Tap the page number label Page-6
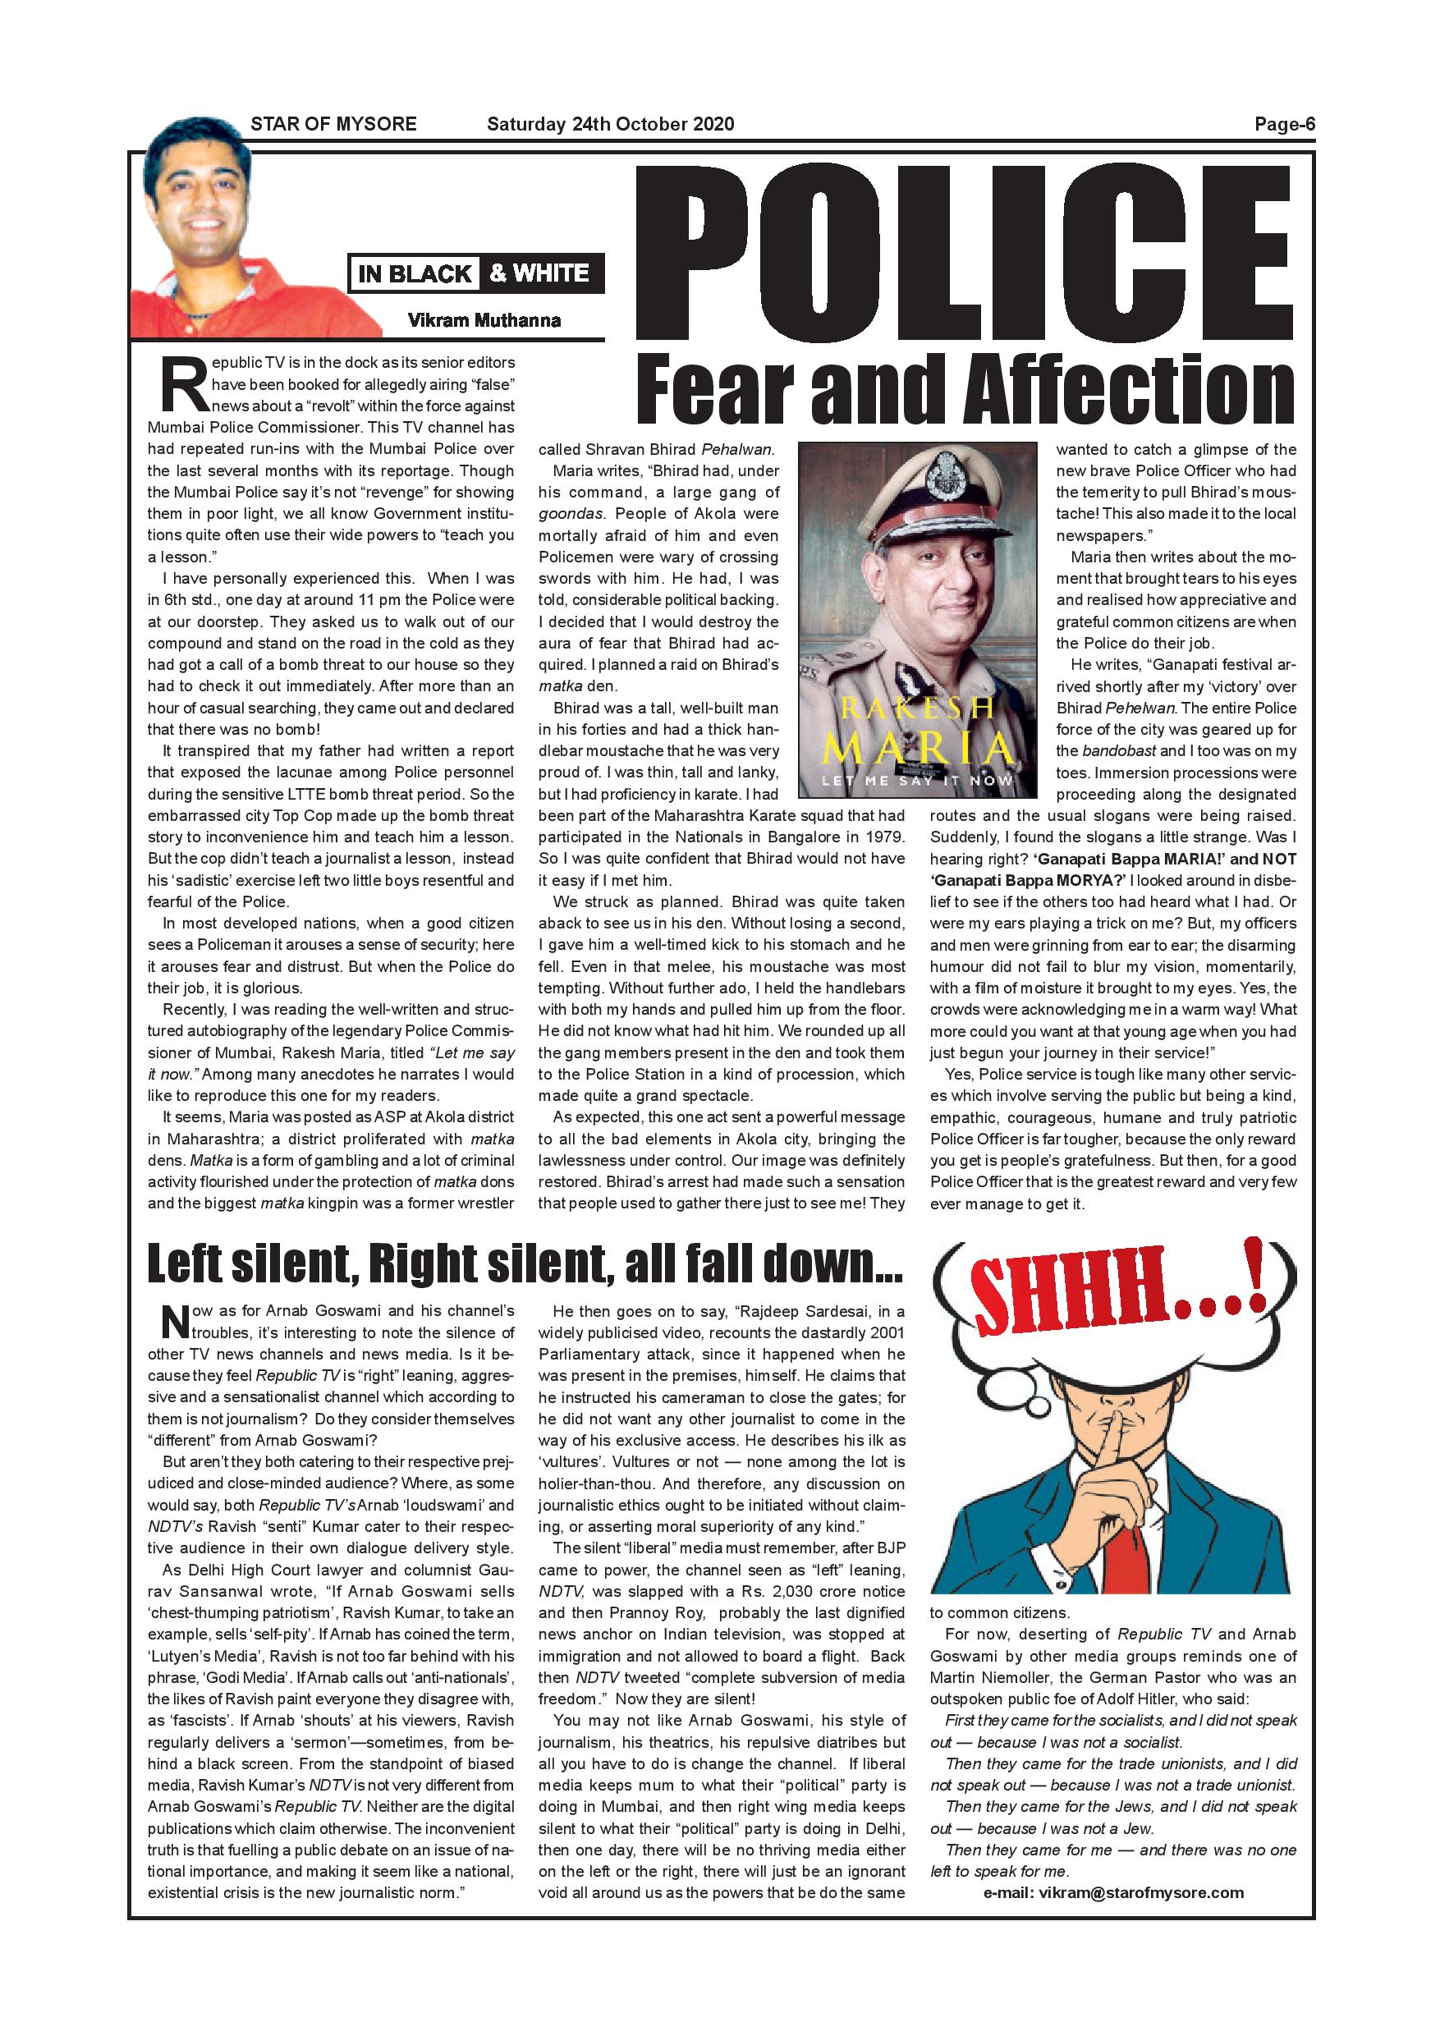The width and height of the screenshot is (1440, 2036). [x=1284, y=124]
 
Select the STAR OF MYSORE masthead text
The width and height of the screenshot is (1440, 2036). [x=333, y=124]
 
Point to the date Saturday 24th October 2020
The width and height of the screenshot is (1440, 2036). [x=610, y=124]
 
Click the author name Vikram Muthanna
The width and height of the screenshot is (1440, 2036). [x=484, y=320]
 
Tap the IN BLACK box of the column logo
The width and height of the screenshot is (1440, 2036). [x=414, y=274]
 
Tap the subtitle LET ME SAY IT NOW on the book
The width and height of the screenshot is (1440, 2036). [x=918, y=782]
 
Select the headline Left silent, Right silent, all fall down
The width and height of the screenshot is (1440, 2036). [x=525, y=1263]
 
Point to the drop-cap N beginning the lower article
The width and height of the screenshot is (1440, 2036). [x=174, y=1321]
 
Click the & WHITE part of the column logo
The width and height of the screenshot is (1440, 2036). [x=540, y=273]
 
